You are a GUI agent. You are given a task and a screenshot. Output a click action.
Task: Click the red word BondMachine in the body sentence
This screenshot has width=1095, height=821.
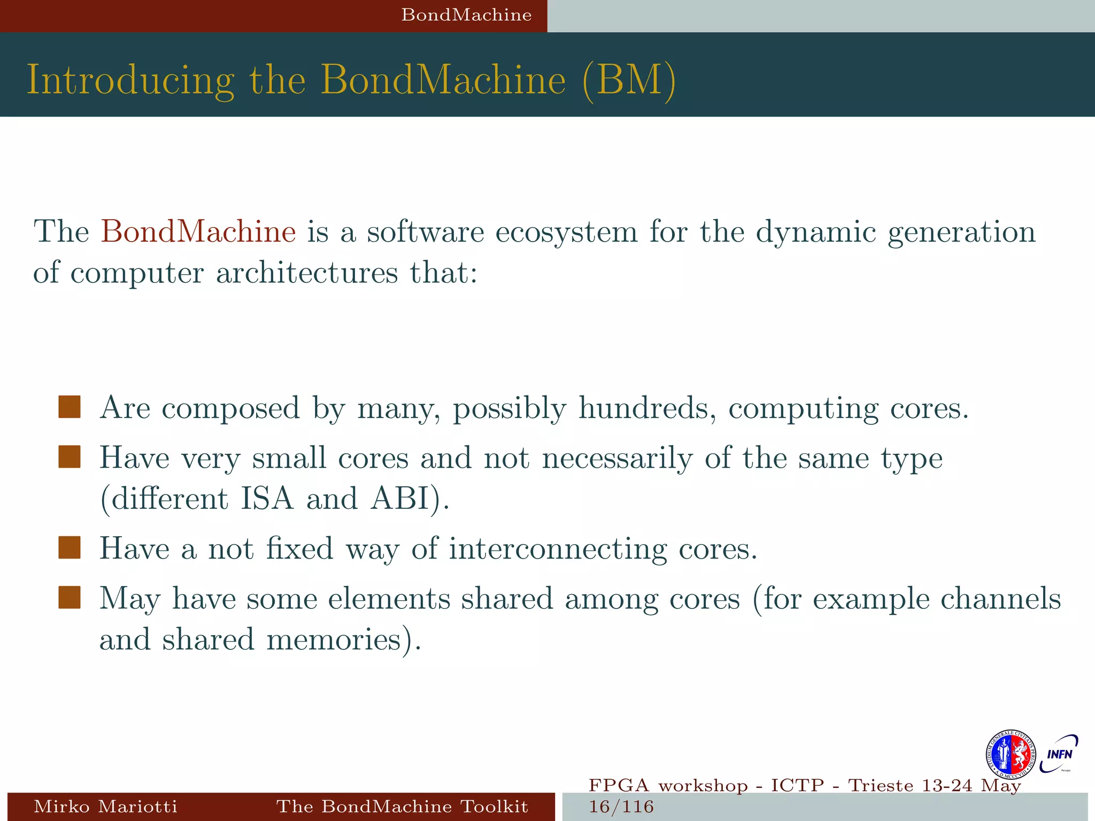point(198,232)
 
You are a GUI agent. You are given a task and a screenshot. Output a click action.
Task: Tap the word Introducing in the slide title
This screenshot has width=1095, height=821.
point(130,80)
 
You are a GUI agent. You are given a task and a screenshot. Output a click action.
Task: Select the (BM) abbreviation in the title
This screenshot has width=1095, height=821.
point(629,80)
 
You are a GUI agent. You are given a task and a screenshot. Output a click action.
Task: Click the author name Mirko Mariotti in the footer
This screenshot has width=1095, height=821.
point(105,806)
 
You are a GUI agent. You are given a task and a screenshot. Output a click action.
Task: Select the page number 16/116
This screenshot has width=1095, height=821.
point(621,807)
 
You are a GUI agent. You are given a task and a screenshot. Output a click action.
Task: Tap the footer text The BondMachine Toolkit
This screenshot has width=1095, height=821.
point(402,806)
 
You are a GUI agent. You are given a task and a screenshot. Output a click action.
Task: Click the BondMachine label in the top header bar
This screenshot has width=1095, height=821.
point(466,15)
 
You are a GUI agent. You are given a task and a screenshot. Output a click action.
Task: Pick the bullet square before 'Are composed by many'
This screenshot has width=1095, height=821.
point(70,407)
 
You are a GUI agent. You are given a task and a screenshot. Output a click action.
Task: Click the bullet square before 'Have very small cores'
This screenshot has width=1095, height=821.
point(70,457)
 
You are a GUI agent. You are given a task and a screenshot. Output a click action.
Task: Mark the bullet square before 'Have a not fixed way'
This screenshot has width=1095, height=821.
point(70,548)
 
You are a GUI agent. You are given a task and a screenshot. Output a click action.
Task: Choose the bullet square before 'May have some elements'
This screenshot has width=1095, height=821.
point(70,598)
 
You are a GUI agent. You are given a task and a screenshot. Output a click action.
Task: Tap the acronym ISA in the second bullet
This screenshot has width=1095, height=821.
point(267,499)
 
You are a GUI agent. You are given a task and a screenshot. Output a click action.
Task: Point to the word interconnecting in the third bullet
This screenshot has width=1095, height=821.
point(558,549)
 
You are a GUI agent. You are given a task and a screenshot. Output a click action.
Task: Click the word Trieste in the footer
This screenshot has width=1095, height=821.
point(881,786)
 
